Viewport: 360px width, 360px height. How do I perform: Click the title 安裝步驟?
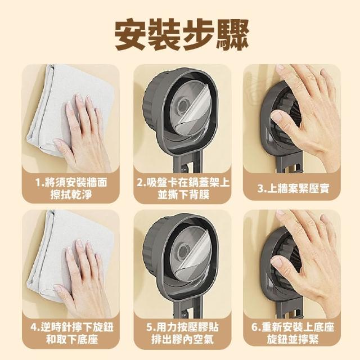(x=182, y=35)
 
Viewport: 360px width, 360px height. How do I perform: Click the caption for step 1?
(x=71, y=188)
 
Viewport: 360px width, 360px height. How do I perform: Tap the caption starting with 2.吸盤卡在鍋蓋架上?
(x=183, y=188)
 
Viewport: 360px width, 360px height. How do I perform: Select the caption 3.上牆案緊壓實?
(x=293, y=188)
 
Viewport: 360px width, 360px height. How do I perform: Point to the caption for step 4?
(x=72, y=333)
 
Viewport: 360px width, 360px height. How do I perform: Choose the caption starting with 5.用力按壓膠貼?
(x=182, y=333)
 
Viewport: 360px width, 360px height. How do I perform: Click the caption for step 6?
(x=292, y=333)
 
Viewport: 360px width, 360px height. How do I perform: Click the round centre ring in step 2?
(x=182, y=106)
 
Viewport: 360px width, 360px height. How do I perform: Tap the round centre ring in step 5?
(x=182, y=251)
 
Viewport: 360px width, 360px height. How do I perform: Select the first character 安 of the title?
(x=130, y=35)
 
